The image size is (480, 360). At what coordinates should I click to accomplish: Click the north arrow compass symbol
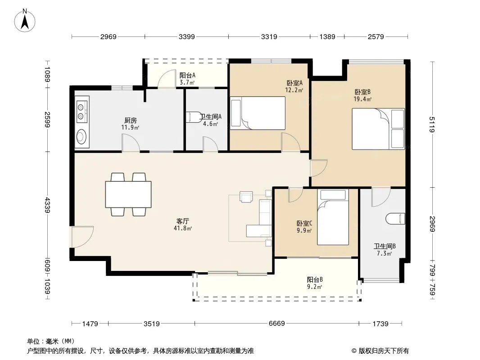click(x=25, y=21)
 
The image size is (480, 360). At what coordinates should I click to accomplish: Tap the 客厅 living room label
click(x=183, y=221)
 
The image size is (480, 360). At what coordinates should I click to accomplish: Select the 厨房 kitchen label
click(x=131, y=120)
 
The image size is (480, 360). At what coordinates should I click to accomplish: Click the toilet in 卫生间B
click(x=395, y=219)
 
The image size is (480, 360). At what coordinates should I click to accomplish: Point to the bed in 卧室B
click(x=378, y=129)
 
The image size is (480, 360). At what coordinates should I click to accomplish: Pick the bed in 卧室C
click(x=333, y=217)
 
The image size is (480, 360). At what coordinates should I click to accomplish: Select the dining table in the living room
click(x=128, y=194)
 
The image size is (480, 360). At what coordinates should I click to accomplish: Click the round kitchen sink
click(x=82, y=136)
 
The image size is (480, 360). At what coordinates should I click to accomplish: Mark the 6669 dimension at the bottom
click(x=276, y=323)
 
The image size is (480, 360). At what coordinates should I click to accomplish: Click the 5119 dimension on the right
click(x=432, y=125)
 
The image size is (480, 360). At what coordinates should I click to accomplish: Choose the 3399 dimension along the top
click(x=186, y=37)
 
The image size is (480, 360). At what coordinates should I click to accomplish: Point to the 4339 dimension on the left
click(x=47, y=205)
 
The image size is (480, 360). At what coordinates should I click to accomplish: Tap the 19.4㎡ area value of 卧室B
click(x=362, y=99)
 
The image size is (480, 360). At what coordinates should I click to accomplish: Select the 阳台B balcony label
click(x=315, y=279)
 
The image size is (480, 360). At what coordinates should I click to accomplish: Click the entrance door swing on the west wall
click(x=82, y=237)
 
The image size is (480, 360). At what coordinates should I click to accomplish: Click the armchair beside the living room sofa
click(x=246, y=197)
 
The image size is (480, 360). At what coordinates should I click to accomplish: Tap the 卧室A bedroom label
click(x=294, y=83)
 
